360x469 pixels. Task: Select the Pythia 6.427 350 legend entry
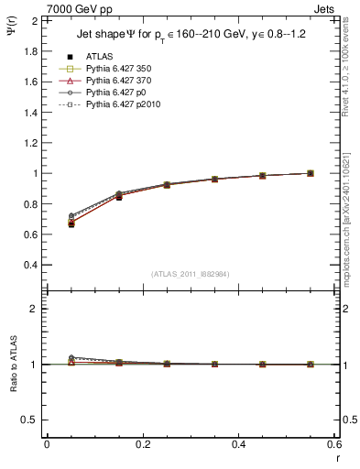pyautogui.click(x=116, y=70)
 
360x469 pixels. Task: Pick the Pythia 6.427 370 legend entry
pyautogui.click(x=116, y=81)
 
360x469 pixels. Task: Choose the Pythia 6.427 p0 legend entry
pyautogui.click(x=114, y=93)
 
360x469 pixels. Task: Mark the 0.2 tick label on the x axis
pyautogui.click(x=143, y=443)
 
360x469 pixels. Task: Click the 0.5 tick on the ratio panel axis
pyautogui.click(x=28, y=420)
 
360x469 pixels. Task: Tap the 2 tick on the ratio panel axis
pyautogui.click(x=33, y=309)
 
